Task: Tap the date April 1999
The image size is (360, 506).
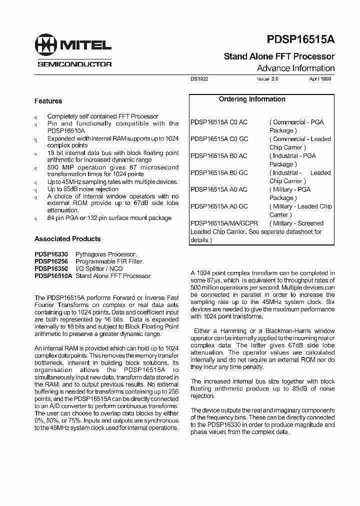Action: click(x=320, y=79)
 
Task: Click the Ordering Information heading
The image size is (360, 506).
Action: click(x=252, y=99)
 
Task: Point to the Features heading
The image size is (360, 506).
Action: click(x=48, y=101)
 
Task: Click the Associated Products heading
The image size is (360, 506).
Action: click(x=67, y=239)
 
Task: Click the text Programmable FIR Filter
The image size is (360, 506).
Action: click(x=109, y=261)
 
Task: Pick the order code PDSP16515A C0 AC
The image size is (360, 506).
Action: click(x=219, y=122)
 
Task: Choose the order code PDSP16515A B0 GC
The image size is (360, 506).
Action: click(x=219, y=172)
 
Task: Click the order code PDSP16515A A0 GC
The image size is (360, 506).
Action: click(x=219, y=206)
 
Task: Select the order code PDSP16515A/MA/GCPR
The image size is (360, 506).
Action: click(x=224, y=223)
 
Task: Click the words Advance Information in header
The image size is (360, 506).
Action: click(x=295, y=68)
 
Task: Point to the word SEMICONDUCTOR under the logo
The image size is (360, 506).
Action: click(x=74, y=64)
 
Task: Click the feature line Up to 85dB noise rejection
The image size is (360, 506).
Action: click(x=82, y=189)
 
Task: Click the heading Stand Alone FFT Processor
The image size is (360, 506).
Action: click(x=279, y=56)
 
